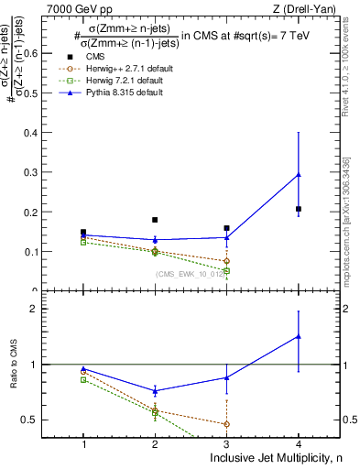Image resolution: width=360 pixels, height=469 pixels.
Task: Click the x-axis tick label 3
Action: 226,444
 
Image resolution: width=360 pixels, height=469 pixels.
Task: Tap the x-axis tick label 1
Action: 83,444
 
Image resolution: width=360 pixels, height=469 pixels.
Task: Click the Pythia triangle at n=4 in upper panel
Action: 299,174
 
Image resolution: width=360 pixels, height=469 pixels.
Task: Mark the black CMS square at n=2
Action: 155,220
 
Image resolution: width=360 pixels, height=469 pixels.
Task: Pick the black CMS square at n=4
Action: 299,209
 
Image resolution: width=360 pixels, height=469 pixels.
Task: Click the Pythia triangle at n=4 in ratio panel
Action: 299,336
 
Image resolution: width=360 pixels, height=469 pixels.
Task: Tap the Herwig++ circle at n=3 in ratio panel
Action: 226,423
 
